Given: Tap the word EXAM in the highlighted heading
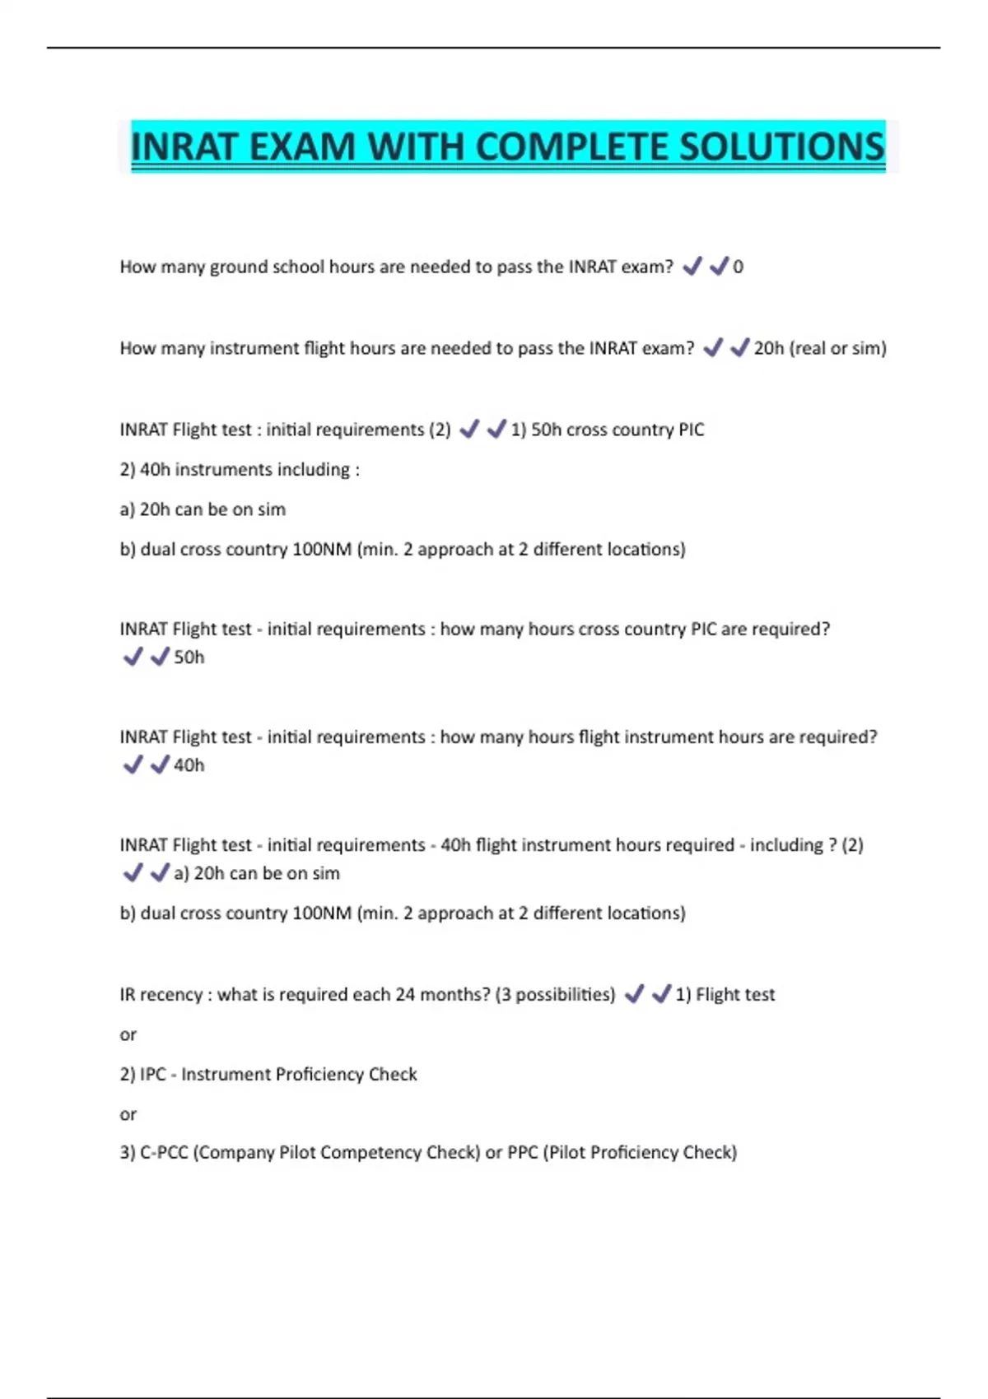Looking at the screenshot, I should (x=301, y=147).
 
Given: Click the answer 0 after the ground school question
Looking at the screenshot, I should (x=739, y=267).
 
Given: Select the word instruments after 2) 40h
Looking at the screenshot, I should (x=222, y=470).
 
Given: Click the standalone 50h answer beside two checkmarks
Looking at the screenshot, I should (x=189, y=658).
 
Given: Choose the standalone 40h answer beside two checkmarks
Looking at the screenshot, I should (x=189, y=765).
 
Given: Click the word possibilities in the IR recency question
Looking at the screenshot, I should (x=565, y=995).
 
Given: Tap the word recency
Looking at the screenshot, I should (x=171, y=995).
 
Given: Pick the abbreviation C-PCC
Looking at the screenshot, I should (x=165, y=1153).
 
